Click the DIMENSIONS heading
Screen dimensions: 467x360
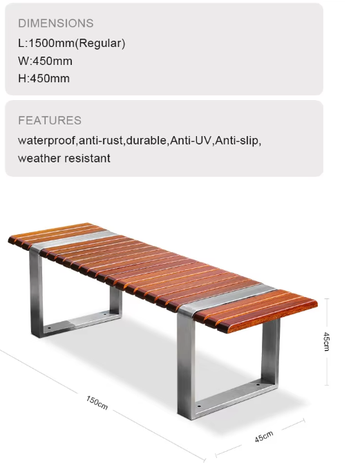click(56, 23)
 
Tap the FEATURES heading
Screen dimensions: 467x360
click(50, 120)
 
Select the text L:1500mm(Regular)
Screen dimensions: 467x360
click(72, 43)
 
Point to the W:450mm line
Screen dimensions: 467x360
click(46, 61)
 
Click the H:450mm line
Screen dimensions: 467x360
click(44, 78)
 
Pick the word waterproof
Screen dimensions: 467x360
click(46, 140)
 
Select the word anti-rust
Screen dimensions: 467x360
click(101, 140)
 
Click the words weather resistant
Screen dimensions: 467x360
click(64, 158)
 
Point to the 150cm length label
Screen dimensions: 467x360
click(97, 402)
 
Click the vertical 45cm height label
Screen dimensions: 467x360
click(326, 341)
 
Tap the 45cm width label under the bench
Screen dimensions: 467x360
click(264, 436)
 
